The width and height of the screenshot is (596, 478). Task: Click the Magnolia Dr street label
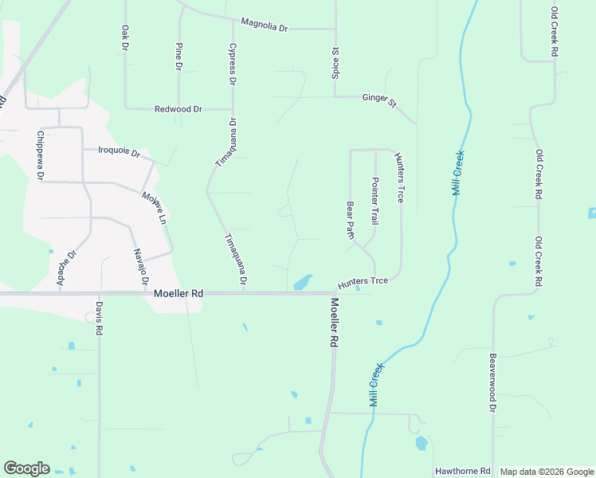pos(264,25)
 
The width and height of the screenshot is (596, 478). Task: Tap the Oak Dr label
pos(125,37)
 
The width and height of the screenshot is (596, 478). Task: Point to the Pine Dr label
pos(178,54)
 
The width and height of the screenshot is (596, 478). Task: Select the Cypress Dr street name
pos(233,65)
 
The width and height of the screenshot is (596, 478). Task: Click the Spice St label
pos(335,62)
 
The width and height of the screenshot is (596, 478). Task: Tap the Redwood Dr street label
pos(178,108)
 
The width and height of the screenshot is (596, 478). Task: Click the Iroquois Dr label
pos(119,151)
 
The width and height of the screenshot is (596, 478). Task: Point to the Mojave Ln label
pos(155,207)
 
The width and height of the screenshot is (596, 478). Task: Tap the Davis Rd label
pos(100,317)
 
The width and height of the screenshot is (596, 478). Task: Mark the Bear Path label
pos(349,219)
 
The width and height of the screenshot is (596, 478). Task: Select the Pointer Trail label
pos(374,200)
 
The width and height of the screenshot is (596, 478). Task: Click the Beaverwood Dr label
pos(493,382)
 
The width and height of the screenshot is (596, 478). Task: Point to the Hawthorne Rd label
pos(462,472)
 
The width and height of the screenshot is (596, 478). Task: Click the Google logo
pos(26,468)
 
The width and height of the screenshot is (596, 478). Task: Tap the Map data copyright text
pos(547,472)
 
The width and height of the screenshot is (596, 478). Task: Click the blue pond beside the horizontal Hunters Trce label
pos(303,282)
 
